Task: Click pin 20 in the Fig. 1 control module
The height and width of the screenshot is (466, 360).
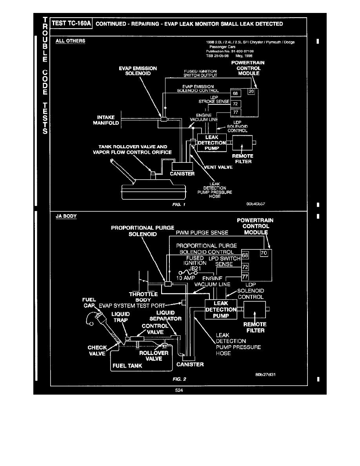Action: click(251, 91)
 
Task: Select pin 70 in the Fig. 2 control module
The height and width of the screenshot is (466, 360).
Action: click(264, 253)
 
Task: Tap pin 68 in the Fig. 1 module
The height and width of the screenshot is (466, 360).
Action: click(235, 94)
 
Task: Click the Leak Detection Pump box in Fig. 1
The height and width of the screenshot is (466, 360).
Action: click(212, 143)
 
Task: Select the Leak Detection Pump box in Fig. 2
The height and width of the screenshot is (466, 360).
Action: click(221, 309)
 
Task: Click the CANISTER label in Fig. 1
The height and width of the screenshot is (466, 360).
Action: click(182, 174)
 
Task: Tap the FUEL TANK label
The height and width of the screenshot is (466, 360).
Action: click(127, 366)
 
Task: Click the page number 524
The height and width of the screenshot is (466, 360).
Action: click(180, 390)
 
